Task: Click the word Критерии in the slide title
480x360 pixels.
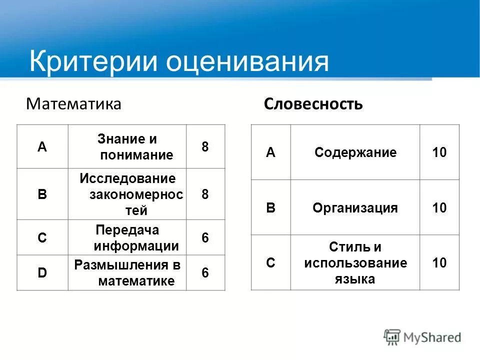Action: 93,61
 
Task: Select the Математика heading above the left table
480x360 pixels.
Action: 73,104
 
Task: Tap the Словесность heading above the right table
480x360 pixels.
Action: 313,104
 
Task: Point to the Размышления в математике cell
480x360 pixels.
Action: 127,272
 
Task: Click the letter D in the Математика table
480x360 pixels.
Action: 42,272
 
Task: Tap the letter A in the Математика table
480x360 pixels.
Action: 42,147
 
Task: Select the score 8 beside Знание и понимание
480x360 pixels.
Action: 205,147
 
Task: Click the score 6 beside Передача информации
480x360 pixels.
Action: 205,238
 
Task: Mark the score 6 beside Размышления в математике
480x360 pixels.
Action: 205,273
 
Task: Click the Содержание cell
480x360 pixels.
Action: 355,152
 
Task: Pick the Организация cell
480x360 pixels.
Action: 355,208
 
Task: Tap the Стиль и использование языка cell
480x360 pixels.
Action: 355,263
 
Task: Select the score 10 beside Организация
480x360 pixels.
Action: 439,208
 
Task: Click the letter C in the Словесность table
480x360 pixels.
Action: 270,263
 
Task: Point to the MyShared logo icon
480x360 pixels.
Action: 392,337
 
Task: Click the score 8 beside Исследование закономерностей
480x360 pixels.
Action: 205,194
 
